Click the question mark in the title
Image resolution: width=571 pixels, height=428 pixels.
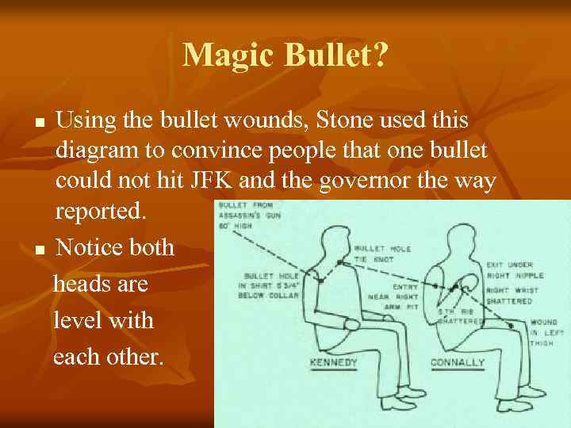[381, 55]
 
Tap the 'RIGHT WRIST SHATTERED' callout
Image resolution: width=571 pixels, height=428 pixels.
[509, 296]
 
